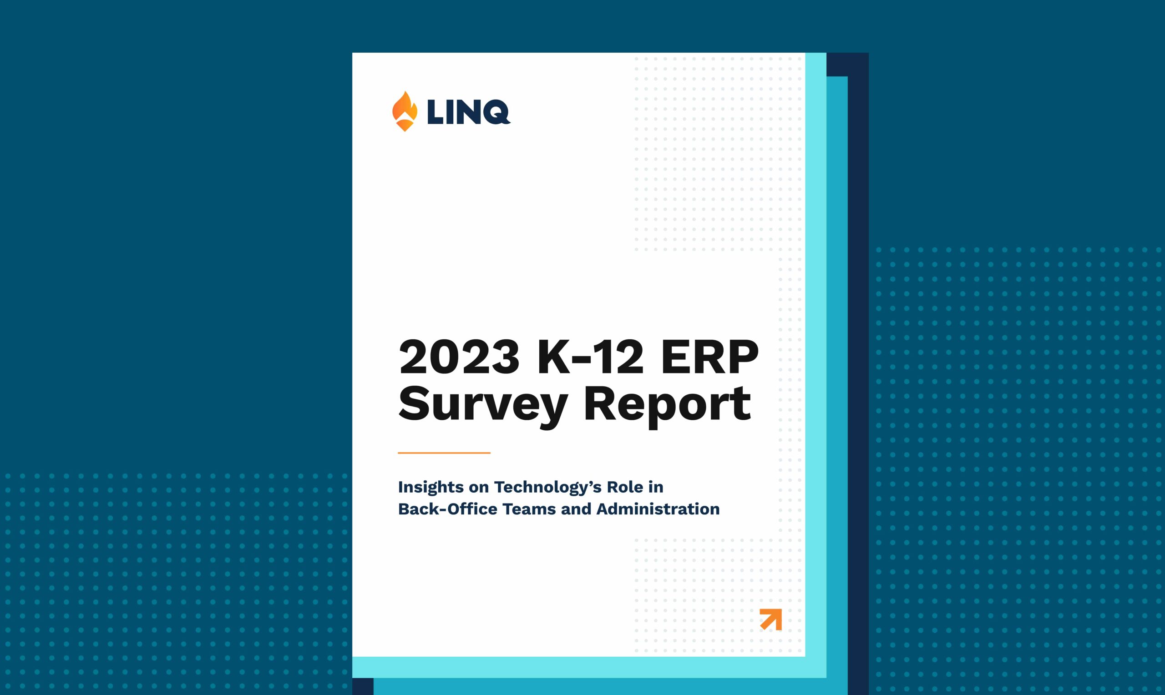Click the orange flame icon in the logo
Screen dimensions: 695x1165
click(405, 111)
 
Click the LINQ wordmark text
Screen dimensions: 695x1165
click(468, 112)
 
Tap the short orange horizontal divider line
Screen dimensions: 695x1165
click(444, 453)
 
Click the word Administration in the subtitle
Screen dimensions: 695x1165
click(658, 509)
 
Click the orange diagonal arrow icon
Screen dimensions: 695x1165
click(771, 619)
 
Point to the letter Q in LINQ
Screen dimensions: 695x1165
click(495, 112)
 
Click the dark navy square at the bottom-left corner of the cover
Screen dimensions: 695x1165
click(363, 686)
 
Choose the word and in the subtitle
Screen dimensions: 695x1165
click(576, 509)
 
